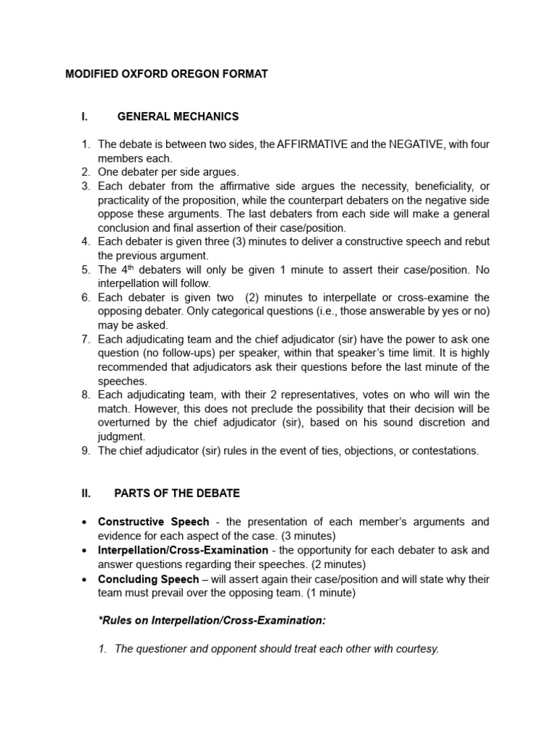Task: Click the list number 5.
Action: click(x=85, y=270)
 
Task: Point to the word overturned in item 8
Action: click(x=126, y=423)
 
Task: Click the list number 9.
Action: click(x=85, y=451)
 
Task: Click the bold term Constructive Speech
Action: click(x=153, y=522)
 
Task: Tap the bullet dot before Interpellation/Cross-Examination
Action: click(x=85, y=551)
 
